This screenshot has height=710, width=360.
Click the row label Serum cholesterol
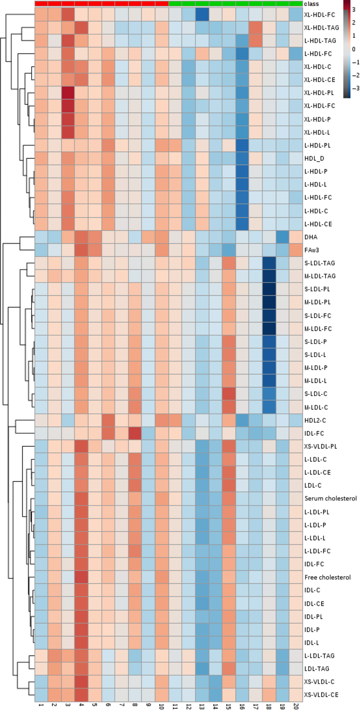330,498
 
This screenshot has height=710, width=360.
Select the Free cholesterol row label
327,577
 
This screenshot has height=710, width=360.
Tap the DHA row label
311,237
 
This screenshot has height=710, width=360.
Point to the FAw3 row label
311,250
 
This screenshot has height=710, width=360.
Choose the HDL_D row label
314,158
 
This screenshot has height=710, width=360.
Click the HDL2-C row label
315,420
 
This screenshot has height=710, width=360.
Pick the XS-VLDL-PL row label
320,446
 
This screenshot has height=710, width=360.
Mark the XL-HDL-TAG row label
322,28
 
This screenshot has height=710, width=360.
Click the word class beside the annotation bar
311,4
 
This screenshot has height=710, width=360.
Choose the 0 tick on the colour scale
354,49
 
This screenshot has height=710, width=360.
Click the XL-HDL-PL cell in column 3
68,93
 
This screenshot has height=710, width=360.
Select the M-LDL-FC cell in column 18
269,328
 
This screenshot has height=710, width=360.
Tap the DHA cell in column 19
282,237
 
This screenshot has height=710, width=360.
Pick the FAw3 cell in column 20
296,250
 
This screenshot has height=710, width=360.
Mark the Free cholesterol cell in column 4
81,577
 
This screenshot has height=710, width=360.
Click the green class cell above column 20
296,4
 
